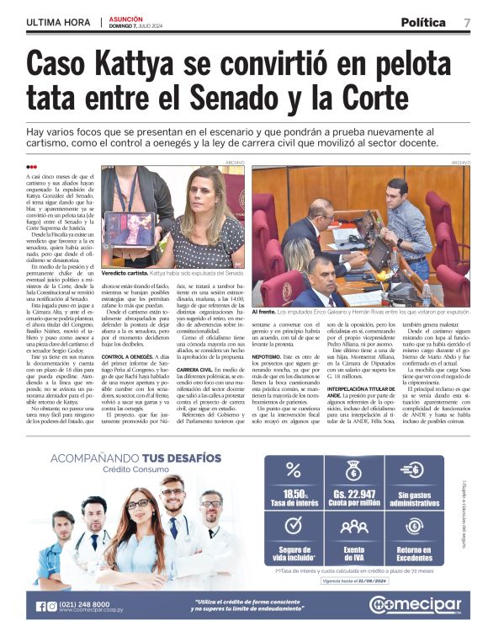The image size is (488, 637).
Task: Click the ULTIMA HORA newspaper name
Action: [x=59, y=22]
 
